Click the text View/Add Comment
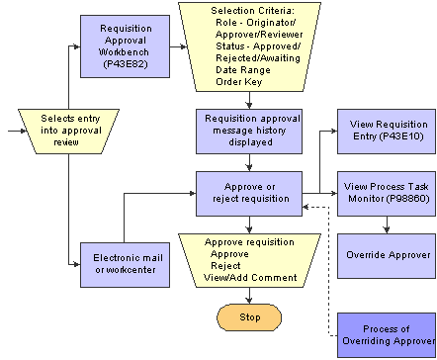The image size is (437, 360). point(249,278)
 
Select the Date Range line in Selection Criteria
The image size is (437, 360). point(240,69)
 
